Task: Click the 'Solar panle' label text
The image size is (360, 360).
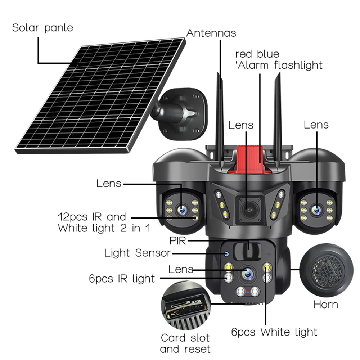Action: coord(42,28)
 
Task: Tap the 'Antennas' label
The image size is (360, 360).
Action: coord(211,33)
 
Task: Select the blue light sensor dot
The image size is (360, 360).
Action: coord(227,254)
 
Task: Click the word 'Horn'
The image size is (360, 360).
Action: coord(326,305)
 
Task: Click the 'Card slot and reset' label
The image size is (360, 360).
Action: coord(185,343)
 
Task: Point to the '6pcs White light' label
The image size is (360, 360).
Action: coord(274,332)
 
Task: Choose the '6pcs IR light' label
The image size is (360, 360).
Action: coord(122,278)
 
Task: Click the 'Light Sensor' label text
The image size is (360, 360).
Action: coord(137,253)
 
